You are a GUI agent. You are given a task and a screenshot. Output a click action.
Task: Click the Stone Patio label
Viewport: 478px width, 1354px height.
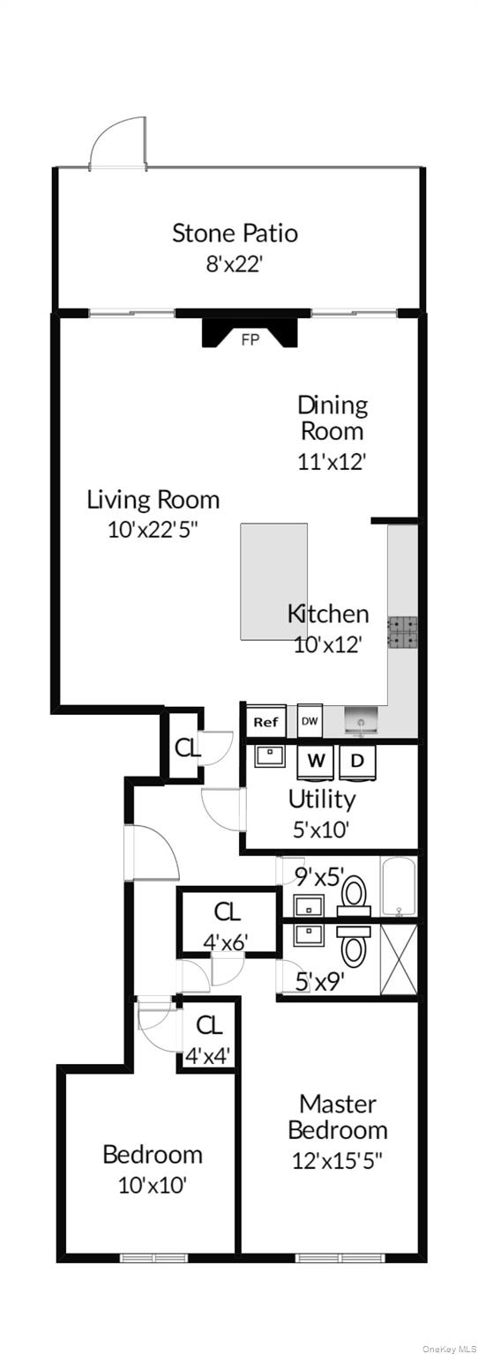point(235,234)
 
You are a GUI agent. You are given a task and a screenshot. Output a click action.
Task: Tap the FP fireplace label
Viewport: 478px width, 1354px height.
point(250,339)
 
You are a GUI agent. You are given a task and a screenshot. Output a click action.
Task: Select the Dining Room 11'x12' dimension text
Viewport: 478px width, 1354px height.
point(332,462)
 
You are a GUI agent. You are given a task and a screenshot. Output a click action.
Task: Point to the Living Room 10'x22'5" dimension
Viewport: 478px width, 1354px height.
point(153,530)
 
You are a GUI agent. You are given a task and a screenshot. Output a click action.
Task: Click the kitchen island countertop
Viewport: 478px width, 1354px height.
point(273,582)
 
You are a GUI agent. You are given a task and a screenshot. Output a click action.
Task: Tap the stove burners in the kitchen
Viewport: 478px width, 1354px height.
point(403,632)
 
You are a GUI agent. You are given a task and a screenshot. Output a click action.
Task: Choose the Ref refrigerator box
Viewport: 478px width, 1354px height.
point(265,722)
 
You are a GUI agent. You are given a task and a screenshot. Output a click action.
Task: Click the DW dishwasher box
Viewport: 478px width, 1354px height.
point(310,721)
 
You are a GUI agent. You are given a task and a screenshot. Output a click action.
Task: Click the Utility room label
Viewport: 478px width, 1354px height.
point(321,800)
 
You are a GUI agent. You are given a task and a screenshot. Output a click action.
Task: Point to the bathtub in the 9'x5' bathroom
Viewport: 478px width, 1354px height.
point(399,888)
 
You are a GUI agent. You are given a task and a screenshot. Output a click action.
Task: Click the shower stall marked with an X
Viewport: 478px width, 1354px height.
point(399,959)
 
